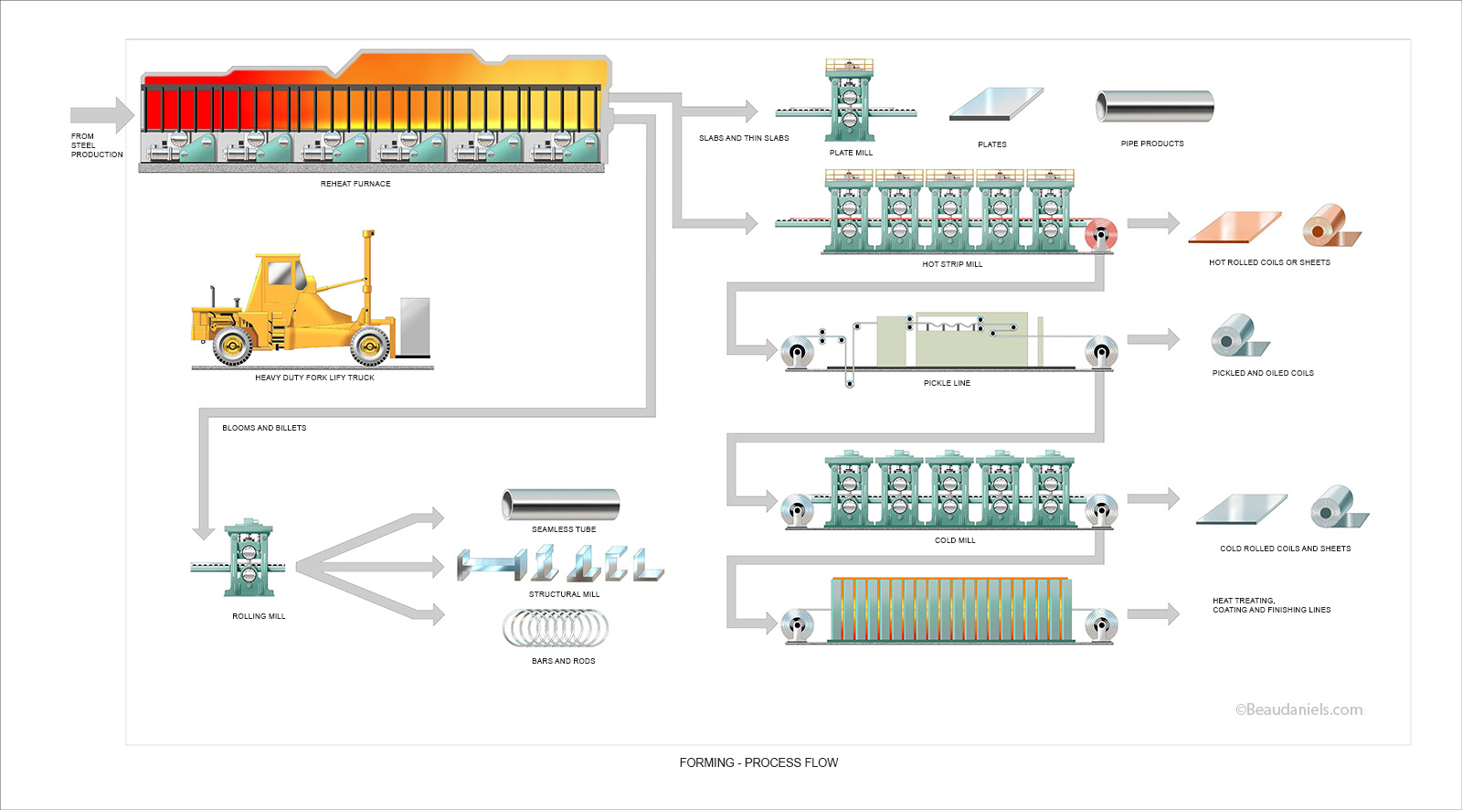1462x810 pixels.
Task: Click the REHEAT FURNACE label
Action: [x=355, y=184]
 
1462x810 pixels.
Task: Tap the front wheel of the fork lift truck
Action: [x=370, y=346]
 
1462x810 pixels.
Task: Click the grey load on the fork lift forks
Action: [x=414, y=326]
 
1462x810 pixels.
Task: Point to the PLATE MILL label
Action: [x=851, y=153]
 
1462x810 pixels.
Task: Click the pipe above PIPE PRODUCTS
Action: [x=1155, y=107]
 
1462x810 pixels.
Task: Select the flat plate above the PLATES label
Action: [x=996, y=104]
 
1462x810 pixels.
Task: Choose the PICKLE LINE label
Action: [x=947, y=383]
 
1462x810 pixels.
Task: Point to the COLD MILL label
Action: [x=955, y=540]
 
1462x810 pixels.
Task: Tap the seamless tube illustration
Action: [x=560, y=505]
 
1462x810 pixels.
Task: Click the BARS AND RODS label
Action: [x=563, y=661]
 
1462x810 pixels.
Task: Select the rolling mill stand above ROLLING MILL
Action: [x=248, y=558]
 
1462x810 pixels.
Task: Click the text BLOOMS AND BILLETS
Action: [x=264, y=428]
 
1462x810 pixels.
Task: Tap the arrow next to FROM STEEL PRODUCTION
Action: [x=102, y=114]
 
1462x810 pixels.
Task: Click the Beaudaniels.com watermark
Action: [x=1298, y=709]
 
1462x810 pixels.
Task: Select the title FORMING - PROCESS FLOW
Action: [x=758, y=762]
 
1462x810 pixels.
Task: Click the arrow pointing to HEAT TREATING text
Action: [x=1153, y=614]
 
